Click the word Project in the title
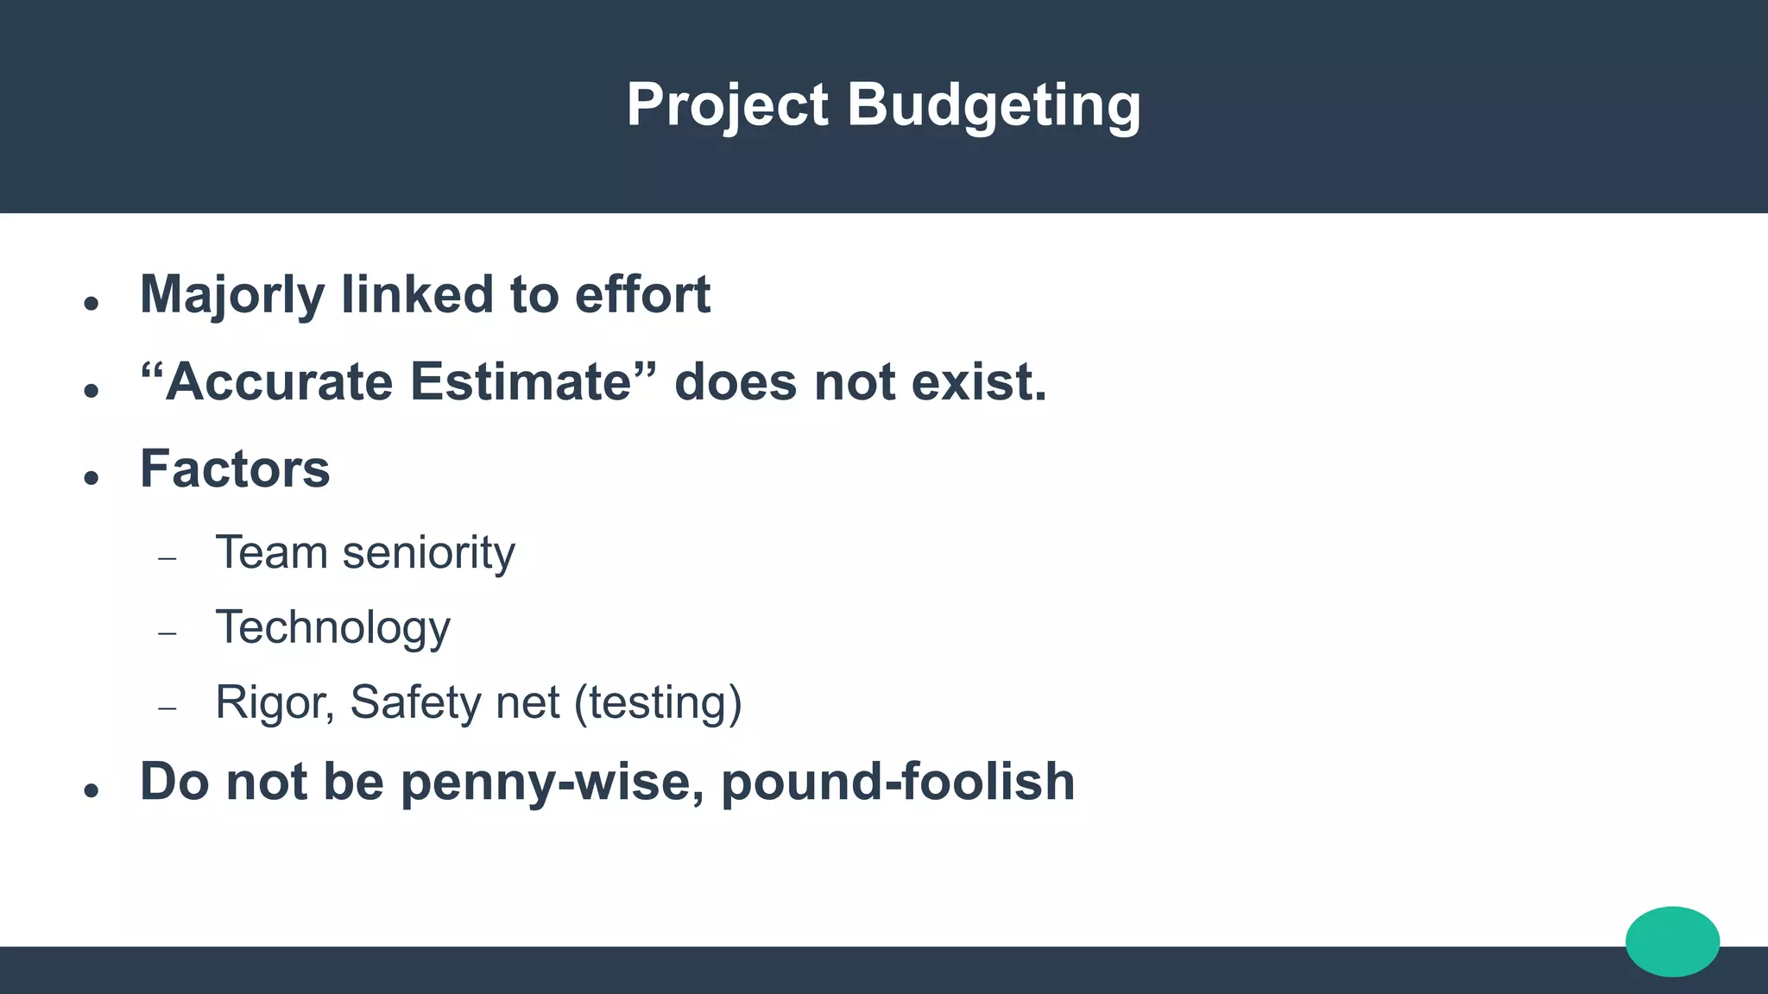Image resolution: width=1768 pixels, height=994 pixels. click(727, 105)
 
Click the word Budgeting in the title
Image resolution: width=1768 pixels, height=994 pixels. click(994, 105)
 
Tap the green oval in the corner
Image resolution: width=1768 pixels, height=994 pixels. click(1672, 941)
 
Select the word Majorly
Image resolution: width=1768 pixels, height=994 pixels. click(232, 295)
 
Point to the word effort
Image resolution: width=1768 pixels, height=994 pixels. click(642, 295)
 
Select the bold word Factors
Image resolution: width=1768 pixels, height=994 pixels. click(235, 469)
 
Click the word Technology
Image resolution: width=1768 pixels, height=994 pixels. click(332, 627)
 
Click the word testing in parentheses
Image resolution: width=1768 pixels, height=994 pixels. click(658, 701)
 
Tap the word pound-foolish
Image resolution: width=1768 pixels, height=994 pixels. click(898, 782)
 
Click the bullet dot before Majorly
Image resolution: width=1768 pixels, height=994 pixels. click(92, 303)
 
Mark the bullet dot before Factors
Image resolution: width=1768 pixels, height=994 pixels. click(92, 477)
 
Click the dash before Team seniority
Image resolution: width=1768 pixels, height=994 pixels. click(167, 559)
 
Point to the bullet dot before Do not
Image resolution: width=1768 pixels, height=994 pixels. click(92, 790)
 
